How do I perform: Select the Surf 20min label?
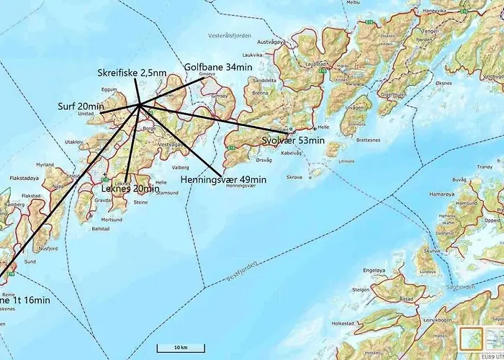coord(81,106)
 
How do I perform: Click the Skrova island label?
coord(292,176)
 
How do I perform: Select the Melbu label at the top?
coord(353,3)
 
